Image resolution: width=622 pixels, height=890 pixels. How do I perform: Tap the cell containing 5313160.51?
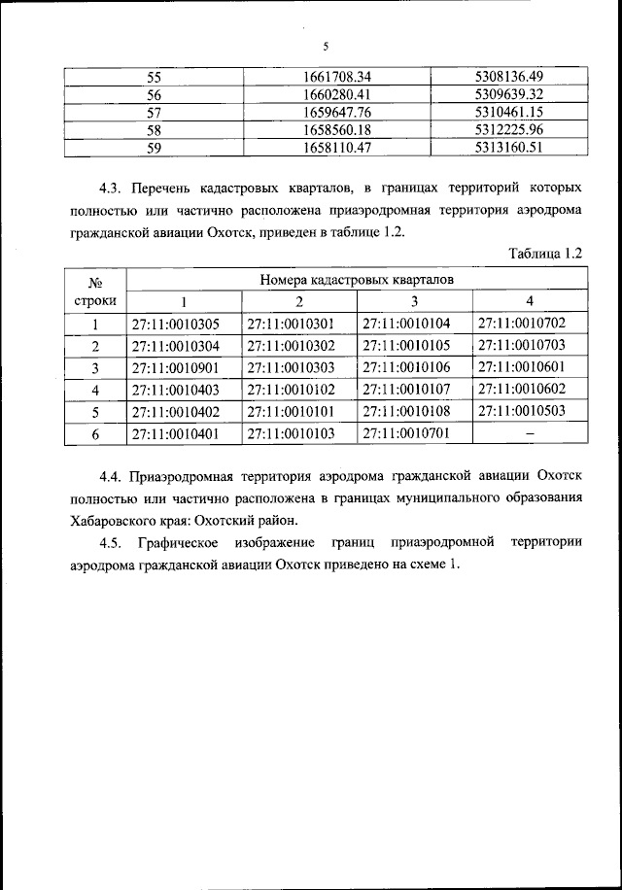pos(508,148)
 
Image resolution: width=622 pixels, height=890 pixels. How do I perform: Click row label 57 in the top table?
pos(154,112)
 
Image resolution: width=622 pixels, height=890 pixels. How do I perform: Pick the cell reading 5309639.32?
pos(508,93)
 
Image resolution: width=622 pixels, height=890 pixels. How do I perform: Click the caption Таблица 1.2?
pos(545,254)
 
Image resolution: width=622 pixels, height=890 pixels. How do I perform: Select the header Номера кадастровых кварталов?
pos(355,279)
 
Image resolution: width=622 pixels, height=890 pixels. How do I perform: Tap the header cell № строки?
pos(96,291)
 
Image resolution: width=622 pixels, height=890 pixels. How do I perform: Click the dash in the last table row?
pos(530,433)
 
